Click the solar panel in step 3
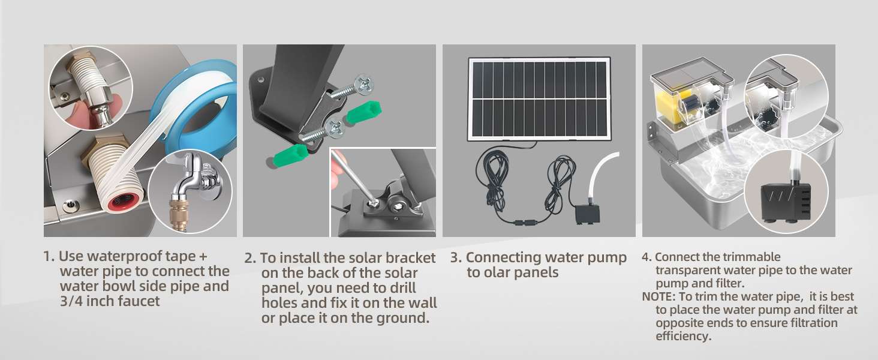[x=539, y=98]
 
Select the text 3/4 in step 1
[x=73, y=301]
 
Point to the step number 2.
[x=250, y=259]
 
